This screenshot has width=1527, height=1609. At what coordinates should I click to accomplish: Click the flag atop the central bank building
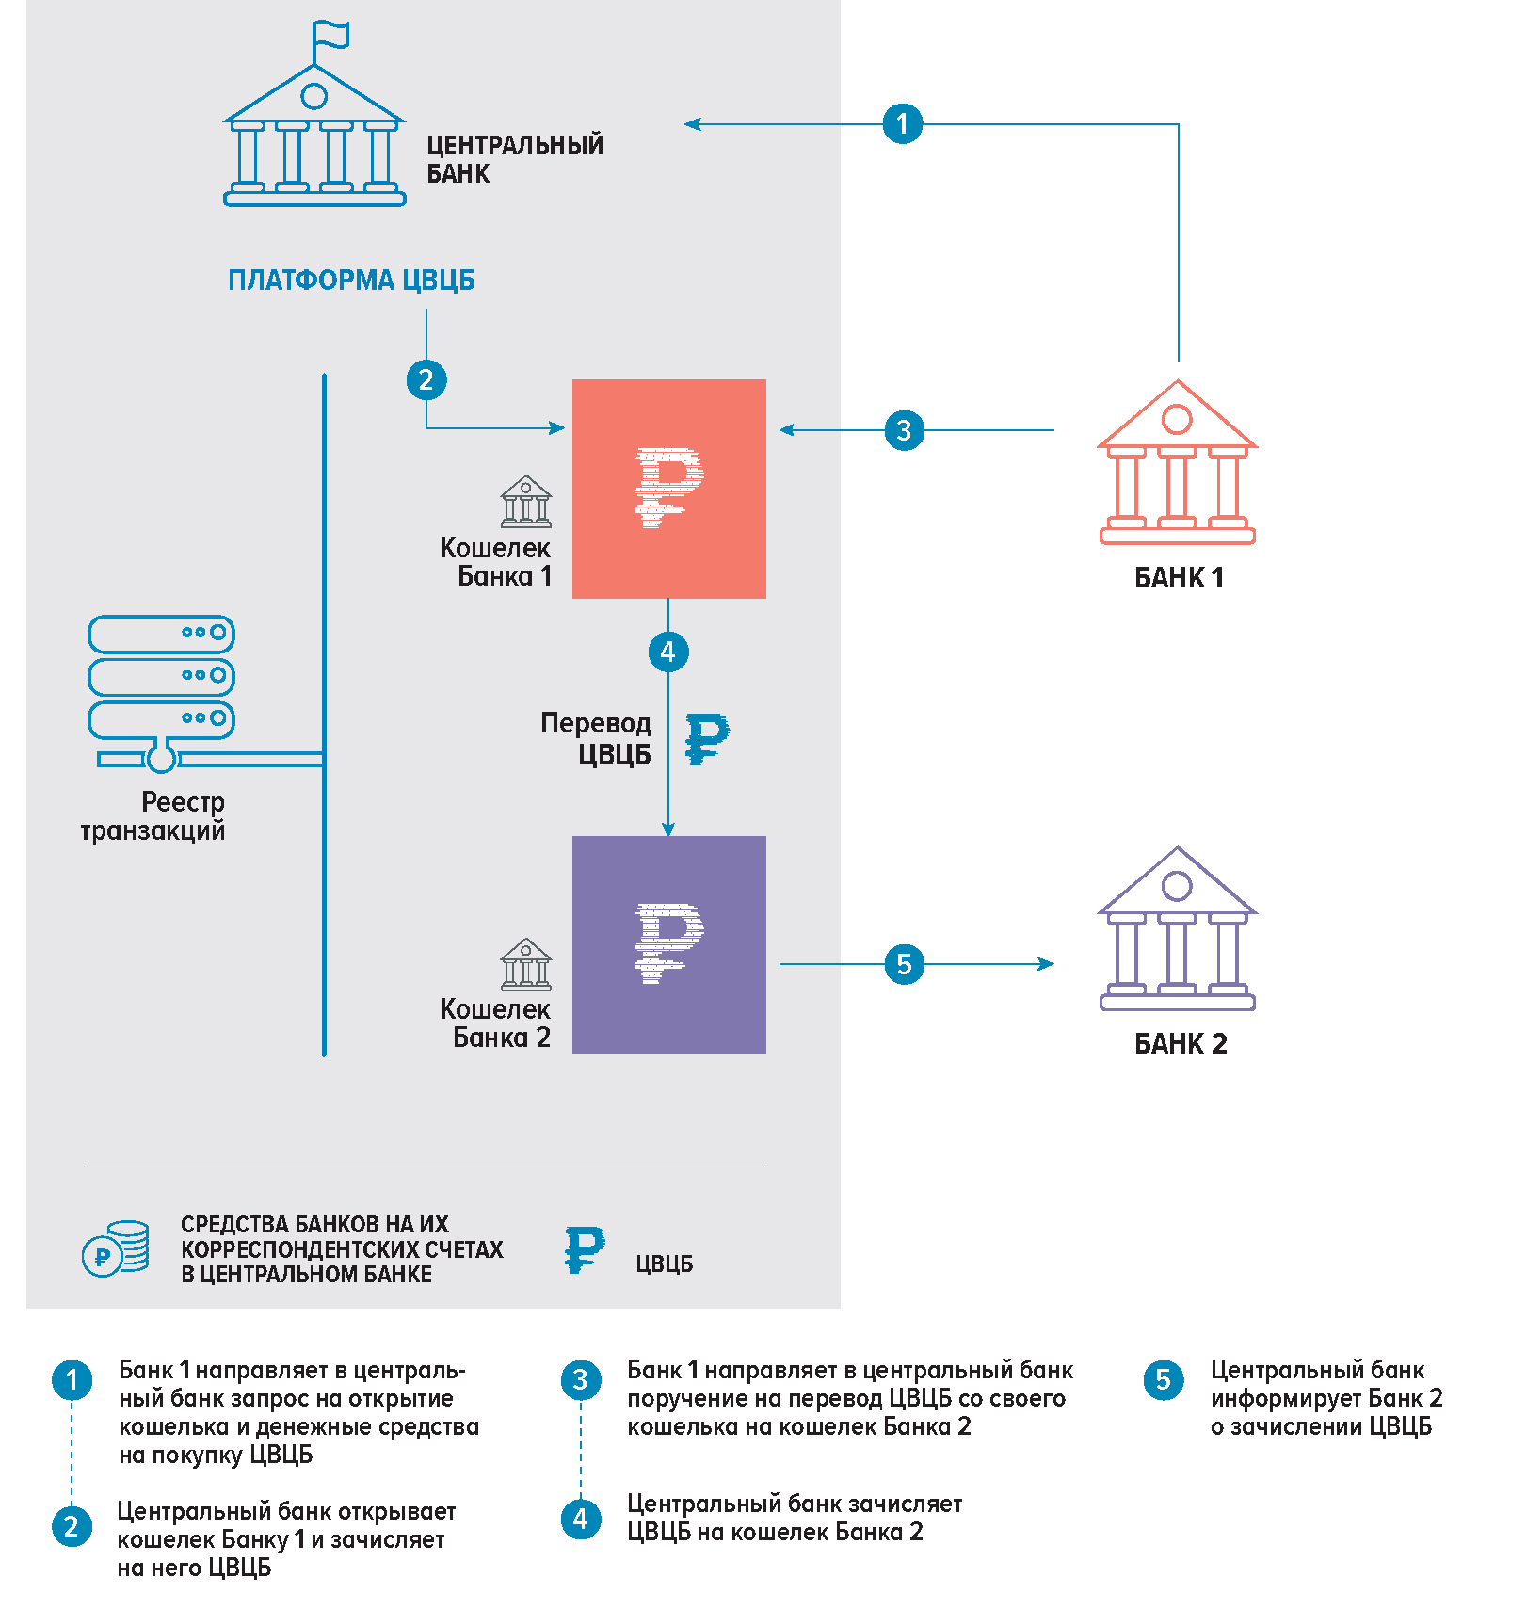[x=331, y=36]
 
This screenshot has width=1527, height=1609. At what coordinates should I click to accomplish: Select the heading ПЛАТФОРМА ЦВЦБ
[x=351, y=281]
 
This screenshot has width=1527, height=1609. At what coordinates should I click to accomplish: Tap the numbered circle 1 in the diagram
[x=902, y=123]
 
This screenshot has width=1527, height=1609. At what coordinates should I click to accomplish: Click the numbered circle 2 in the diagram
[x=426, y=380]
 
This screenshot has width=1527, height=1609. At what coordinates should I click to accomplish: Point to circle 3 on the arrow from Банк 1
[x=904, y=430]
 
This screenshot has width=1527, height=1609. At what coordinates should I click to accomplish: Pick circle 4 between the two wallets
[x=668, y=652]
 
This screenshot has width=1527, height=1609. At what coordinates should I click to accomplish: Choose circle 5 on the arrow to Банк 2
[x=904, y=964]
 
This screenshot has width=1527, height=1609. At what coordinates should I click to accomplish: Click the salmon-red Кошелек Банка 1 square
[x=669, y=489]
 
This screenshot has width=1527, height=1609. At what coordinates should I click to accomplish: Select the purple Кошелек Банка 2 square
[x=669, y=945]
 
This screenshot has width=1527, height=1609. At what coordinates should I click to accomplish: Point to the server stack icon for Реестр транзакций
[x=162, y=692]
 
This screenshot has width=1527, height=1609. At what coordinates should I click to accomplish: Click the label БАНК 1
[x=1179, y=577]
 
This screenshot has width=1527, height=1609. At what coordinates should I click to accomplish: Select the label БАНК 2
[x=1181, y=1043]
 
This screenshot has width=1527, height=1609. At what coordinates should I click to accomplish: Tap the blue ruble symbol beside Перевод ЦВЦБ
[x=706, y=739]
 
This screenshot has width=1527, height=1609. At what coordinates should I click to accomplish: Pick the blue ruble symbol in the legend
[x=584, y=1249]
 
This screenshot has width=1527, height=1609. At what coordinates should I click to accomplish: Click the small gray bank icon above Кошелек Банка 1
[x=525, y=501]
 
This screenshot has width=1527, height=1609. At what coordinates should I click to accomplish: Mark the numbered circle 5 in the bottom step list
[x=1164, y=1380]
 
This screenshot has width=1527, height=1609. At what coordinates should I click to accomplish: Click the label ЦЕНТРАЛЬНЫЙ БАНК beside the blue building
[x=514, y=159]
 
